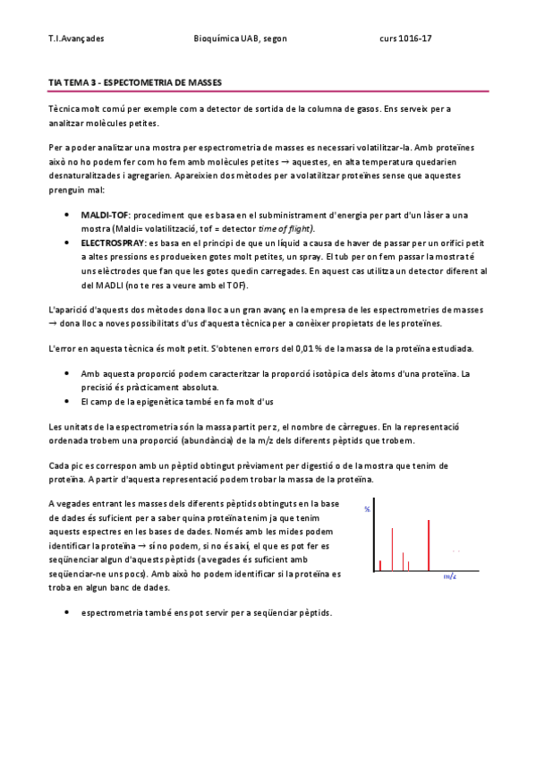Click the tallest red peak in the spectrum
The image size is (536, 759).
pyautogui.click(x=430, y=544)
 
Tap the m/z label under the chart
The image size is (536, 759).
pyautogui.click(x=450, y=578)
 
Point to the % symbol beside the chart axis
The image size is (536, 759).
pyautogui.click(x=367, y=508)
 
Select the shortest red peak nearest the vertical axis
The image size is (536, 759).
pyautogui.click(x=380, y=565)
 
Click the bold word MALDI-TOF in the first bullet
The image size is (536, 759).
pyautogui.click(x=104, y=217)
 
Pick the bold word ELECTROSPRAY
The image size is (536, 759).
pyautogui.click(x=111, y=243)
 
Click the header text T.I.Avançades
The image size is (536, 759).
pyautogui.click(x=76, y=39)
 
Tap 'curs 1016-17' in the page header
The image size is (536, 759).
pyautogui.click(x=406, y=39)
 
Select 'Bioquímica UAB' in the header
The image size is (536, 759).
pyautogui.click(x=227, y=39)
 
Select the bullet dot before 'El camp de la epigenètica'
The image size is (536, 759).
pyautogui.click(x=68, y=401)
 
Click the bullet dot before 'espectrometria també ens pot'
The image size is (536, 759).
pyautogui.click(x=68, y=613)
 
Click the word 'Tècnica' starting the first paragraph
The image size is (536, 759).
pyautogui.click(x=64, y=109)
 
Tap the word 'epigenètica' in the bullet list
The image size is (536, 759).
pyautogui.click(x=173, y=401)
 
